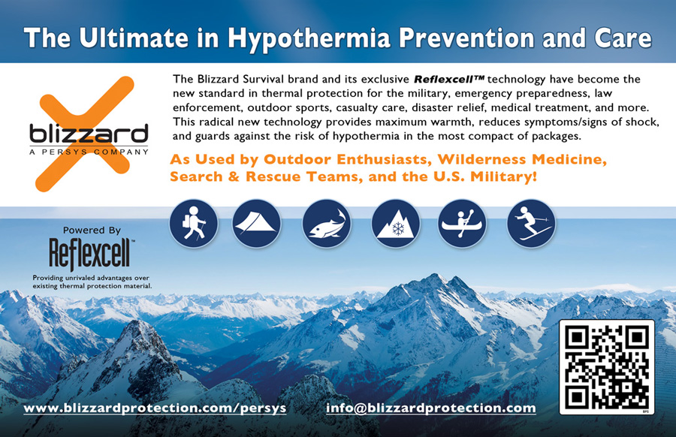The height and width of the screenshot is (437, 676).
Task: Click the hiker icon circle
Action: click(x=194, y=224)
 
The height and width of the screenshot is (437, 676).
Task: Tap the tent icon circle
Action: click(x=257, y=224)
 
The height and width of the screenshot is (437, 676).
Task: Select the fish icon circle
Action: click(x=327, y=224)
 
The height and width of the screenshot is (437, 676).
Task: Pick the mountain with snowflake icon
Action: click(x=396, y=224)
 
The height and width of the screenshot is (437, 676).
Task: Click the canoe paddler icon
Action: click(x=462, y=224)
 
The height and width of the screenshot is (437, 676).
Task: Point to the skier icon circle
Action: click(x=531, y=224)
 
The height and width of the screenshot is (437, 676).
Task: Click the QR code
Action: click(x=607, y=367)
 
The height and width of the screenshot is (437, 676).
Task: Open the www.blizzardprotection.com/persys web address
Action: click(x=155, y=408)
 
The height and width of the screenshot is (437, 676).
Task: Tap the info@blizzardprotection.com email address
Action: click(x=430, y=408)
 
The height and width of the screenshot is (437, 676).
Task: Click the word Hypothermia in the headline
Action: click(x=309, y=38)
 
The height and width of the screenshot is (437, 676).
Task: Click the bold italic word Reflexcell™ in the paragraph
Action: click(x=449, y=80)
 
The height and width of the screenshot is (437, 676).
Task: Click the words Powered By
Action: click(x=92, y=231)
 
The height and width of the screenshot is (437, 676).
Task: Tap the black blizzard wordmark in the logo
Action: click(x=89, y=134)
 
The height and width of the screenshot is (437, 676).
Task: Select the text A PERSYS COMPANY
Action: click(x=89, y=152)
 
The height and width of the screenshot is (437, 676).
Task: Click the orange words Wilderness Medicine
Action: click(x=522, y=159)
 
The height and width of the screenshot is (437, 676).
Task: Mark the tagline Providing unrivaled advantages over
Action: click(x=91, y=278)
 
